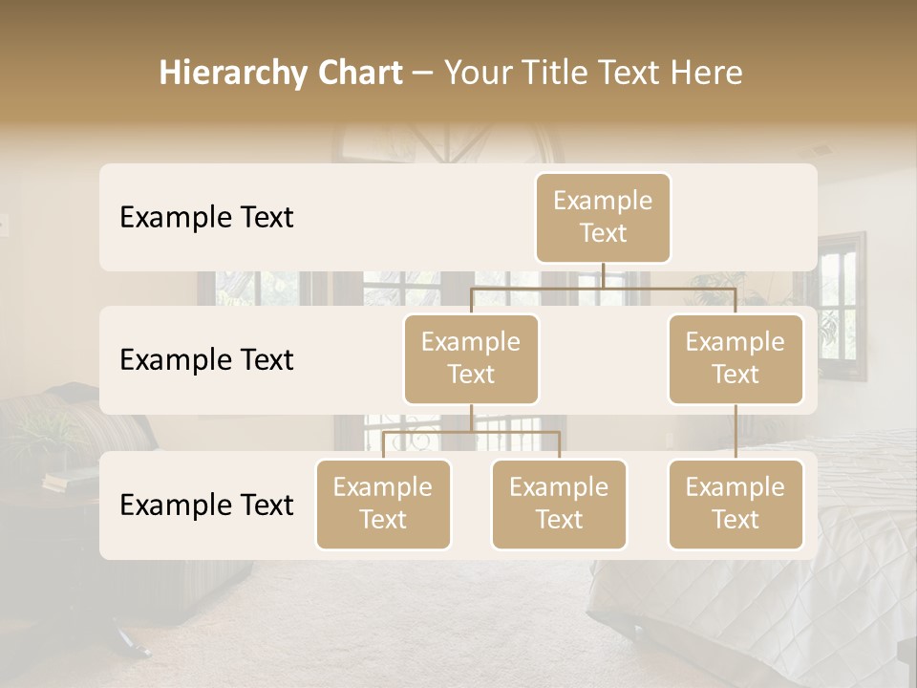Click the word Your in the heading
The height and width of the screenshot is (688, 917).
[478, 73]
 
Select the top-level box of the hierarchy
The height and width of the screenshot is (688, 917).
[603, 217]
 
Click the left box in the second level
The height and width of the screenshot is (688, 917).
[471, 358]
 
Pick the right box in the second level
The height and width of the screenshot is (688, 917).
[736, 358]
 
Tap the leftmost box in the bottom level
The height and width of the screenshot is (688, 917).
[383, 504]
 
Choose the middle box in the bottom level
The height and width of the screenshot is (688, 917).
[559, 504]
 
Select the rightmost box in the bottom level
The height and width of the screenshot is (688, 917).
[736, 504]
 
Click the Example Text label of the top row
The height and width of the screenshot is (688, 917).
[206, 217]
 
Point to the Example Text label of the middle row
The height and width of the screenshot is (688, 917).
[206, 359]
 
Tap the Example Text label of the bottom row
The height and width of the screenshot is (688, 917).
[206, 505]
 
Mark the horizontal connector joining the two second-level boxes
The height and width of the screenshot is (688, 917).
[603, 288]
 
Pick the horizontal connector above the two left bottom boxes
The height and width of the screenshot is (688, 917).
[471, 432]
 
